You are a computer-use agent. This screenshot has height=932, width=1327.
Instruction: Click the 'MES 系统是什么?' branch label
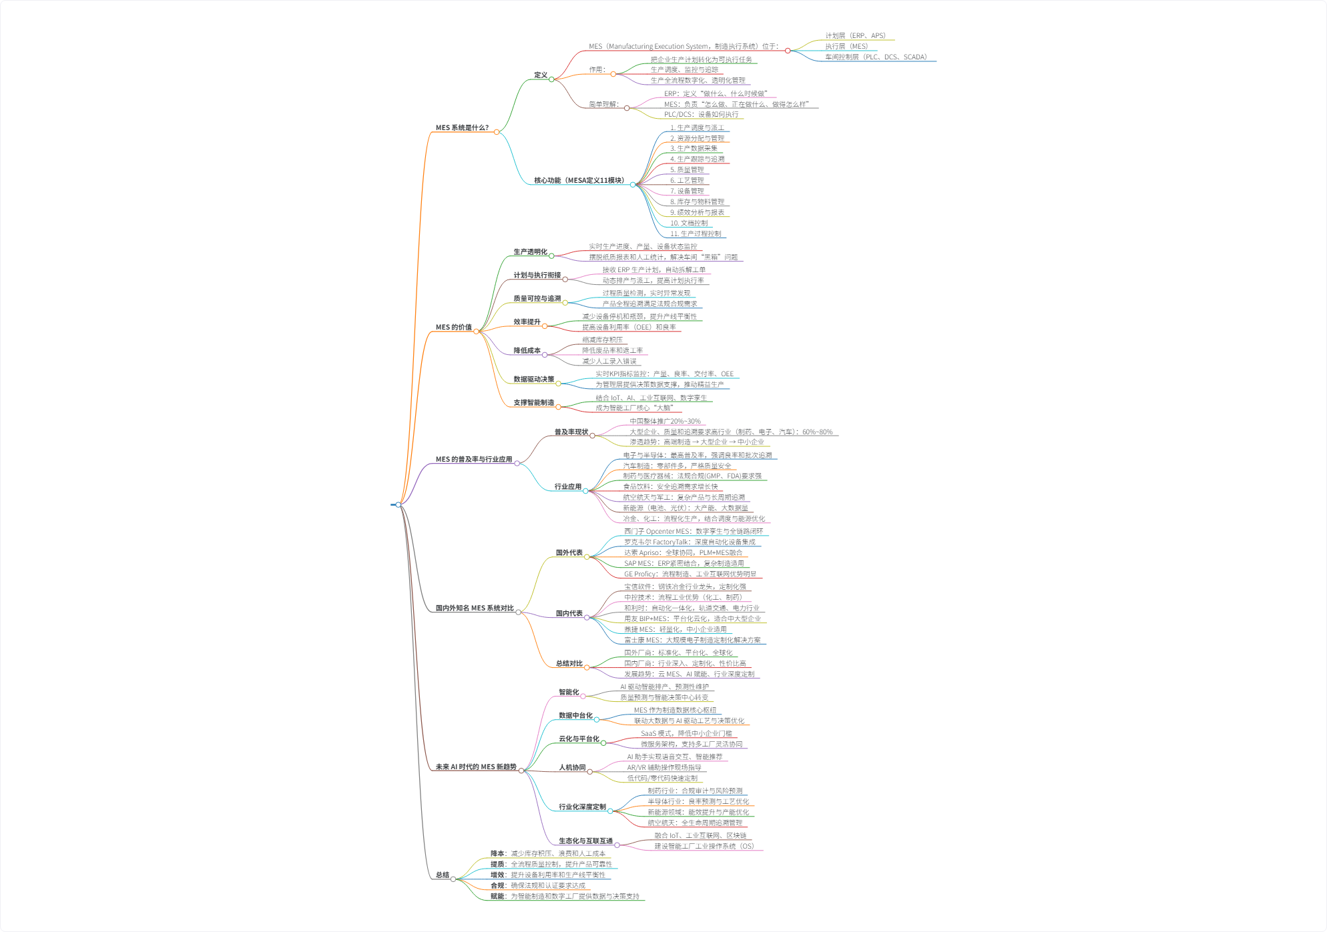[462, 127]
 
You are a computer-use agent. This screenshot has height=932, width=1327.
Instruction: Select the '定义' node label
[540, 75]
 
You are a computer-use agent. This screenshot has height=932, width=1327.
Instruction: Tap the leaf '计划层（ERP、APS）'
[855, 35]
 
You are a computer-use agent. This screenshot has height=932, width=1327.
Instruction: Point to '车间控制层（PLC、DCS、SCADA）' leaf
[876, 57]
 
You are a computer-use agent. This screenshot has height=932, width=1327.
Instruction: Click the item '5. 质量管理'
[687, 169]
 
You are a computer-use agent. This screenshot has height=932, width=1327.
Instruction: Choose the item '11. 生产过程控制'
[696, 234]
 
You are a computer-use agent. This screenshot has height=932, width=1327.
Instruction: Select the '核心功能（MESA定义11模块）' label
[579, 180]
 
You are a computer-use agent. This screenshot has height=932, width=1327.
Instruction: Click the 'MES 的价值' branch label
[454, 327]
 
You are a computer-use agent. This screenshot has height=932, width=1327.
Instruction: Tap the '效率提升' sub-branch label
[527, 322]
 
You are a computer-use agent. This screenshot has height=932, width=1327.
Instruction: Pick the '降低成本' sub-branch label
[527, 350]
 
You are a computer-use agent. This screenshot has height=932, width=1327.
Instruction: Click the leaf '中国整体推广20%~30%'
[665, 421]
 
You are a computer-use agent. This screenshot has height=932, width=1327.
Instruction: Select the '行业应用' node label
[567, 486]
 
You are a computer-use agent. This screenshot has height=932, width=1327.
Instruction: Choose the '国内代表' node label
[569, 613]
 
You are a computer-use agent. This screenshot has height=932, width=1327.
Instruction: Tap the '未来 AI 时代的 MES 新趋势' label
[476, 767]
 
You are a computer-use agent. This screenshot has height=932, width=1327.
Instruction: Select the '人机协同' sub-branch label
[572, 767]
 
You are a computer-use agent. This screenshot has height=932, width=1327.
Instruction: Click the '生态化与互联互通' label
[585, 841]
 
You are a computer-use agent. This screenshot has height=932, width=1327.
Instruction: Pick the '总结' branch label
[442, 875]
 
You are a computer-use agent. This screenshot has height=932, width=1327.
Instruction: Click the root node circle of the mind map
[399, 504]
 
